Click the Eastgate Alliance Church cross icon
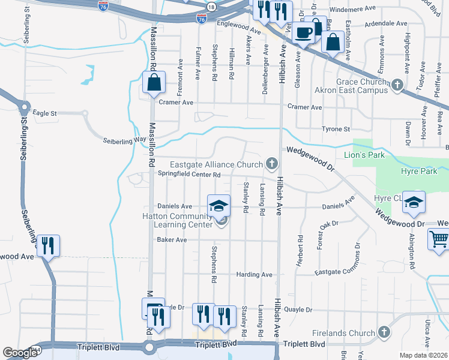click(x=271, y=163)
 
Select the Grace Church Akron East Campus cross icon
click(x=396, y=86)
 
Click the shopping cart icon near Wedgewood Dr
click(x=439, y=239)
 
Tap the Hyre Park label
click(x=418, y=172)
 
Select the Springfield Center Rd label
click(x=190, y=175)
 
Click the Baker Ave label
click(x=172, y=240)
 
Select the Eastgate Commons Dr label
click(x=340, y=272)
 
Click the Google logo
click(x=20, y=353)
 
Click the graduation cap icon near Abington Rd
click(x=413, y=203)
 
